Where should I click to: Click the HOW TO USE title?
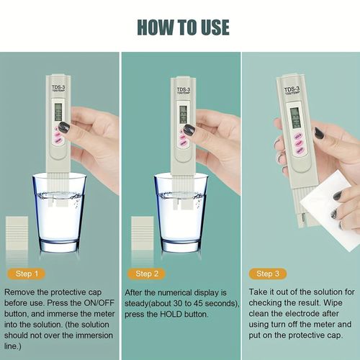[x=180, y=27]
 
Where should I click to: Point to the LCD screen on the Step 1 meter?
[x=57, y=112]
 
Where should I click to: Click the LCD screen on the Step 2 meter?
[x=182, y=113]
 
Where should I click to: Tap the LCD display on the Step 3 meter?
[x=294, y=116]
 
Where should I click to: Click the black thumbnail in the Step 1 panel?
[x=64, y=127]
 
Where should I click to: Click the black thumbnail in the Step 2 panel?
[x=189, y=130]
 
